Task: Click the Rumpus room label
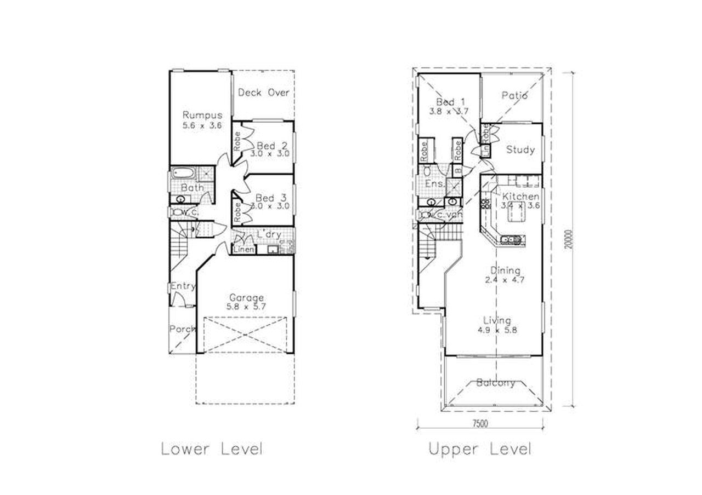(x=202, y=115)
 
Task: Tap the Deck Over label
(x=263, y=93)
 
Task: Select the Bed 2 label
(x=273, y=146)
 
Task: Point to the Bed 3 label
(x=273, y=198)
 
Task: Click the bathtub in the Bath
(x=182, y=174)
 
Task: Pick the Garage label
(x=246, y=298)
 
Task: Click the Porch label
(x=182, y=329)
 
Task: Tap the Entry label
(x=183, y=286)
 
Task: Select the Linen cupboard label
(x=244, y=250)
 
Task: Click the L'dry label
(x=269, y=234)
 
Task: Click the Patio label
(x=514, y=95)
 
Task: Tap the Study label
(x=520, y=149)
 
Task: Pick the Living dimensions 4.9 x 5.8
(x=497, y=330)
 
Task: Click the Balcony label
(x=495, y=383)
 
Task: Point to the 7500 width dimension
(x=480, y=423)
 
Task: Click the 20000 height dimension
(x=571, y=239)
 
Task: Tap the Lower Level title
(x=212, y=449)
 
